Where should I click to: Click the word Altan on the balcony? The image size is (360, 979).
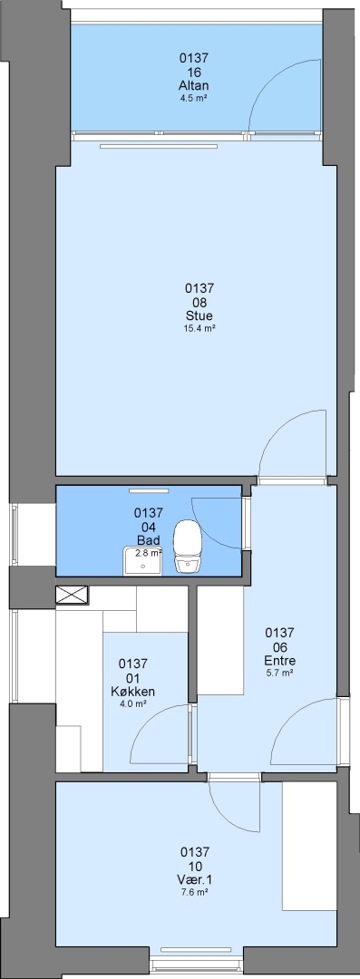pos(193,85)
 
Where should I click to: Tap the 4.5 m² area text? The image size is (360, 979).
pos(193,97)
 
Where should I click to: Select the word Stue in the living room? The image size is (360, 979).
pos(199,316)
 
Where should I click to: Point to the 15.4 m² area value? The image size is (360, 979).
pos(199,328)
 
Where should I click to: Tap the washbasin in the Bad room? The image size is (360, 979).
pos(142,561)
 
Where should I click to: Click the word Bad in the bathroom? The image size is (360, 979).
pos(149,540)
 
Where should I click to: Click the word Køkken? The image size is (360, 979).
pos(133,691)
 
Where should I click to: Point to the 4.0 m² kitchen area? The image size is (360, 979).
pos(133,703)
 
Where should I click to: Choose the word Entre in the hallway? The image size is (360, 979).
pos(280,661)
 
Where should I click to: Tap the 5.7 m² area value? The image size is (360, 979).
pos(280,673)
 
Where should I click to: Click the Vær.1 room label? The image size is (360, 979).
pos(194,879)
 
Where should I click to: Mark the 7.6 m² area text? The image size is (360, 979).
pos(194,892)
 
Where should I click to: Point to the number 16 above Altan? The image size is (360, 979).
pos(193,72)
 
